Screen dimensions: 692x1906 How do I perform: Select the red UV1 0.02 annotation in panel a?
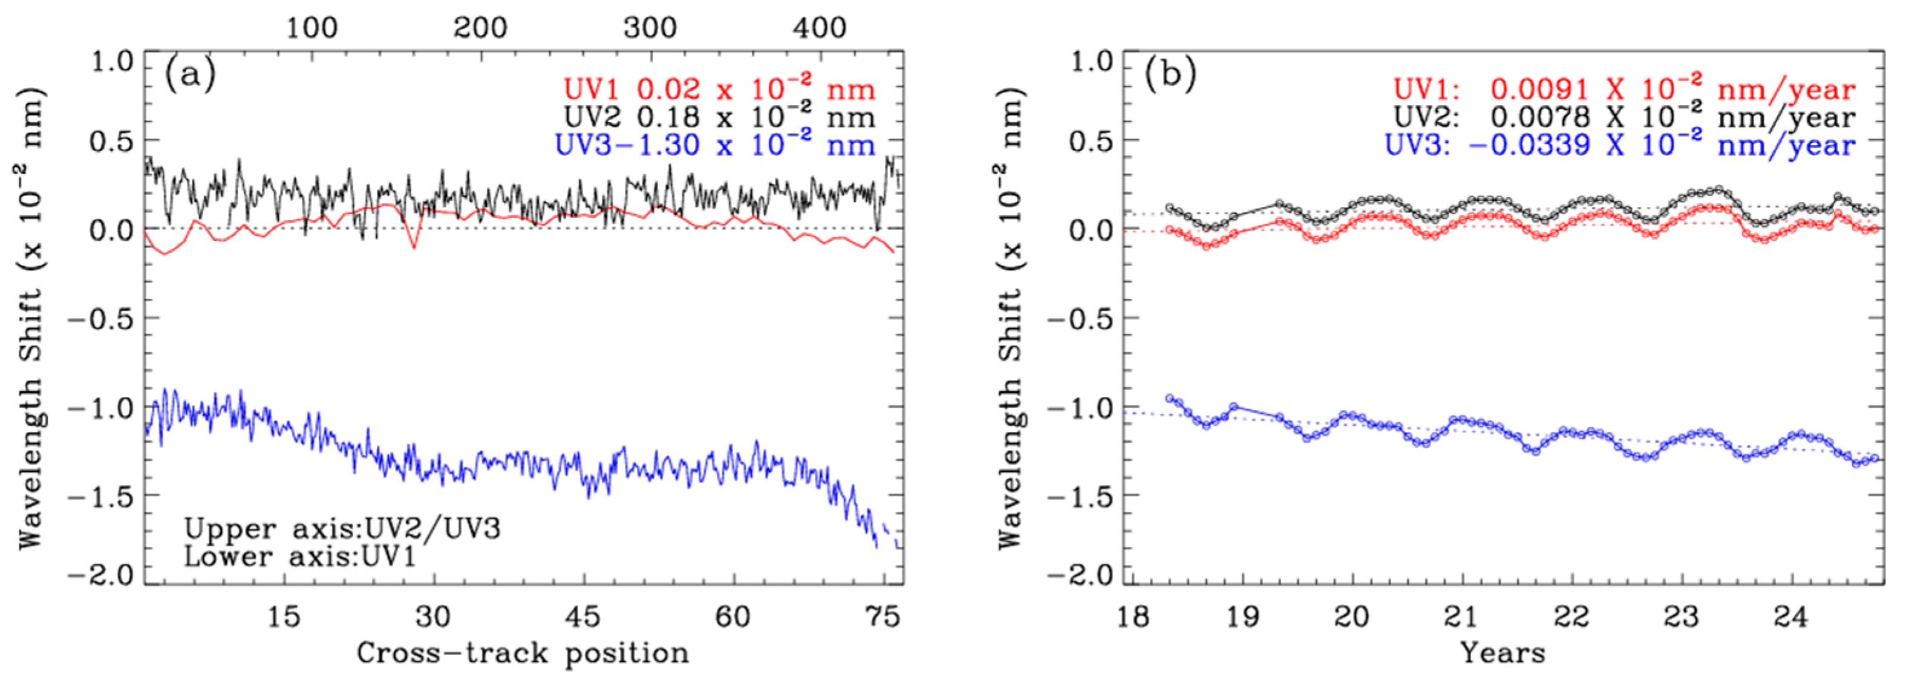tap(718, 90)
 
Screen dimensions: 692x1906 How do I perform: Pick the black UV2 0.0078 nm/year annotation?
tap(1624, 117)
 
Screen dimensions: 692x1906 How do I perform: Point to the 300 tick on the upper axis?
tap(650, 28)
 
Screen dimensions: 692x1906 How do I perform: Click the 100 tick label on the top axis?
tap(312, 28)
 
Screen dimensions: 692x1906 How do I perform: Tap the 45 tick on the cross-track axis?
tap(583, 616)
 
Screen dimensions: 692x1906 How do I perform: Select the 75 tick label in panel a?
tap(882, 616)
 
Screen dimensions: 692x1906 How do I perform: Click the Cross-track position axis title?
tap(523, 653)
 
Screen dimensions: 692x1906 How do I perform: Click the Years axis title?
tap(1503, 653)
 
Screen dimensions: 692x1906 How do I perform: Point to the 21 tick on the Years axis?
tap(1461, 616)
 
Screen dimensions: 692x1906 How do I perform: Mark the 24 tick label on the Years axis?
tap(1790, 616)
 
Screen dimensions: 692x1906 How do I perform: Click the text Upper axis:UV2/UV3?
tap(342, 529)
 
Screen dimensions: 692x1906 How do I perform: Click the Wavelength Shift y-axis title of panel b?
tap(1010, 318)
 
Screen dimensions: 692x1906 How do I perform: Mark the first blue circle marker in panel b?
tap(1170, 398)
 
